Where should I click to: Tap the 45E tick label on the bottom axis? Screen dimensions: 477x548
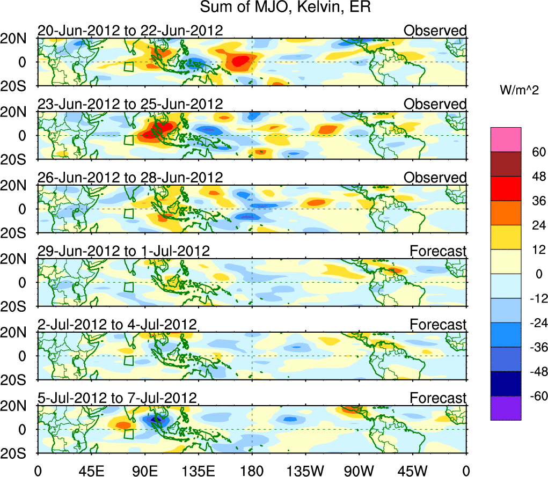(x=91, y=471)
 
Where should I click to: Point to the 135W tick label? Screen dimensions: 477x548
(x=305, y=471)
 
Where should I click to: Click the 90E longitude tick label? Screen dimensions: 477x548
(x=144, y=471)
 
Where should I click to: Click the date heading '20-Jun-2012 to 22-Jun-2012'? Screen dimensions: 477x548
(x=130, y=31)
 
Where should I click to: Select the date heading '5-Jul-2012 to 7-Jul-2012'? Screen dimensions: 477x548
(x=117, y=398)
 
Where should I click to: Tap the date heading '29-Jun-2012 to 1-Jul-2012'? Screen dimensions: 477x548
(x=123, y=251)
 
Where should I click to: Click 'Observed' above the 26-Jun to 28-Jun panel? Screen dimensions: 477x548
(x=435, y=178)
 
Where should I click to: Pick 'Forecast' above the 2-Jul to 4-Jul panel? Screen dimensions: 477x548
(x=438, y=325)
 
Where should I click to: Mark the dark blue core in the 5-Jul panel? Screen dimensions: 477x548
(x=156, y=420)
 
